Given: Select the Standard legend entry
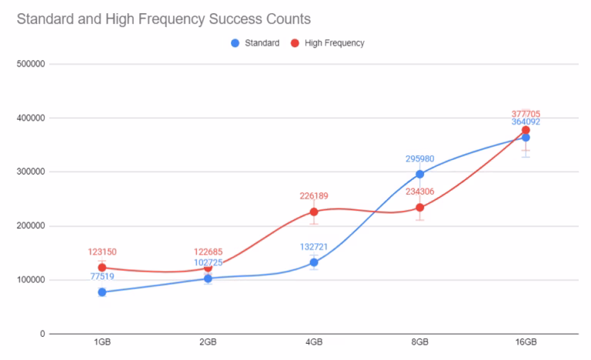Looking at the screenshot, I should pos(255,43).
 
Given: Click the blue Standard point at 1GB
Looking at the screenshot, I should pos(102,292).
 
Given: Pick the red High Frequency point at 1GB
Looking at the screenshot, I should pos(102,268).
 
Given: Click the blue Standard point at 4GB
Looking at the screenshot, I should pos(314,262).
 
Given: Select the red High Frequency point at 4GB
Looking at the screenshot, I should pos(314,212).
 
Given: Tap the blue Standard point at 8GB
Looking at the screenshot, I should pos(419,174).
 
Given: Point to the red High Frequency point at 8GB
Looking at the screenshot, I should pos(419,208).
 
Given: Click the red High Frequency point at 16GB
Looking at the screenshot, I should pos(526,130).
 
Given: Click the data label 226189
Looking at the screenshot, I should pos(314,196).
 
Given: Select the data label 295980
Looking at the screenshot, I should pos(419,159).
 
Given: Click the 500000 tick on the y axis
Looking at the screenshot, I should pos(31,65).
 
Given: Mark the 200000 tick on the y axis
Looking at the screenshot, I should pos(31,226).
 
